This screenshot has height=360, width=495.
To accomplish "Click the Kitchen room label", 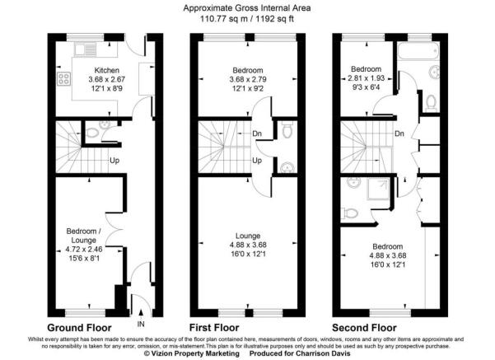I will pos(107,70).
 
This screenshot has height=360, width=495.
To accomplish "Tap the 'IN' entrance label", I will pos(141,325).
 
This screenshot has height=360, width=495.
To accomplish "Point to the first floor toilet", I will pos(286,129).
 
